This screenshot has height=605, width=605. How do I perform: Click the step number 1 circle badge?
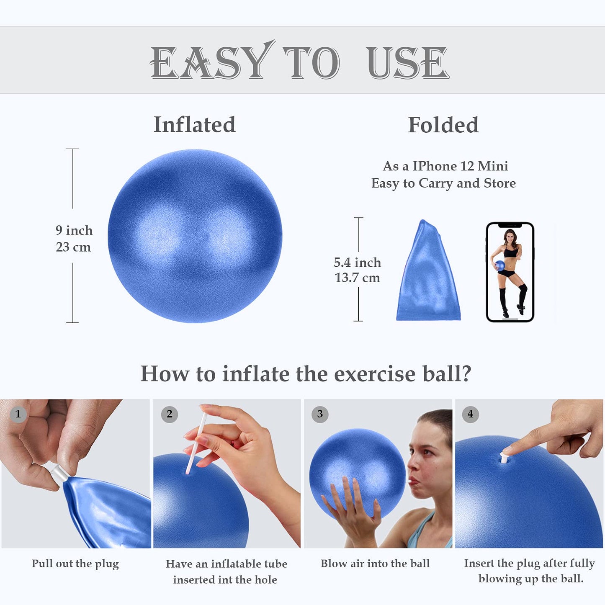point(18,414)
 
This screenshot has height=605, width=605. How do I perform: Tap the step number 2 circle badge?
point(170,414)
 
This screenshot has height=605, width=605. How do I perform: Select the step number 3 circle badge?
point(320,414)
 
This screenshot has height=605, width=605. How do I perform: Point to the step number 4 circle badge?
point(471,414)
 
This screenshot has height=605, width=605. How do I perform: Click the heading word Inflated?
point(195,125)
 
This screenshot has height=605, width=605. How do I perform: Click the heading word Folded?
point(443,125)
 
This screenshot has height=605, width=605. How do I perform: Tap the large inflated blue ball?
point(195,236)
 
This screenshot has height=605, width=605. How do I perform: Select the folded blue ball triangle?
point(428,276)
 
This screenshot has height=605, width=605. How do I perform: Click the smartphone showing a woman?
point(510,272)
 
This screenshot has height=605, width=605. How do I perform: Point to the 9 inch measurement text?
point(74,230)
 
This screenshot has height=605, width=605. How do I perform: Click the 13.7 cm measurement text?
point(357,278)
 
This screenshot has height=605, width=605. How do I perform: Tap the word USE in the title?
point(408,63)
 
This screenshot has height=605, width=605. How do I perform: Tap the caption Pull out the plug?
point(75,564)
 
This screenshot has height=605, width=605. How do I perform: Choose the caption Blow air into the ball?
point(375,564)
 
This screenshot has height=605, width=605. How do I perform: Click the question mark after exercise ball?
point(465,373)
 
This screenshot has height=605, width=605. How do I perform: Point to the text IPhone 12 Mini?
point(460,166)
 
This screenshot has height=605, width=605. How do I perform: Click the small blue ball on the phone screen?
point(500,265)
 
